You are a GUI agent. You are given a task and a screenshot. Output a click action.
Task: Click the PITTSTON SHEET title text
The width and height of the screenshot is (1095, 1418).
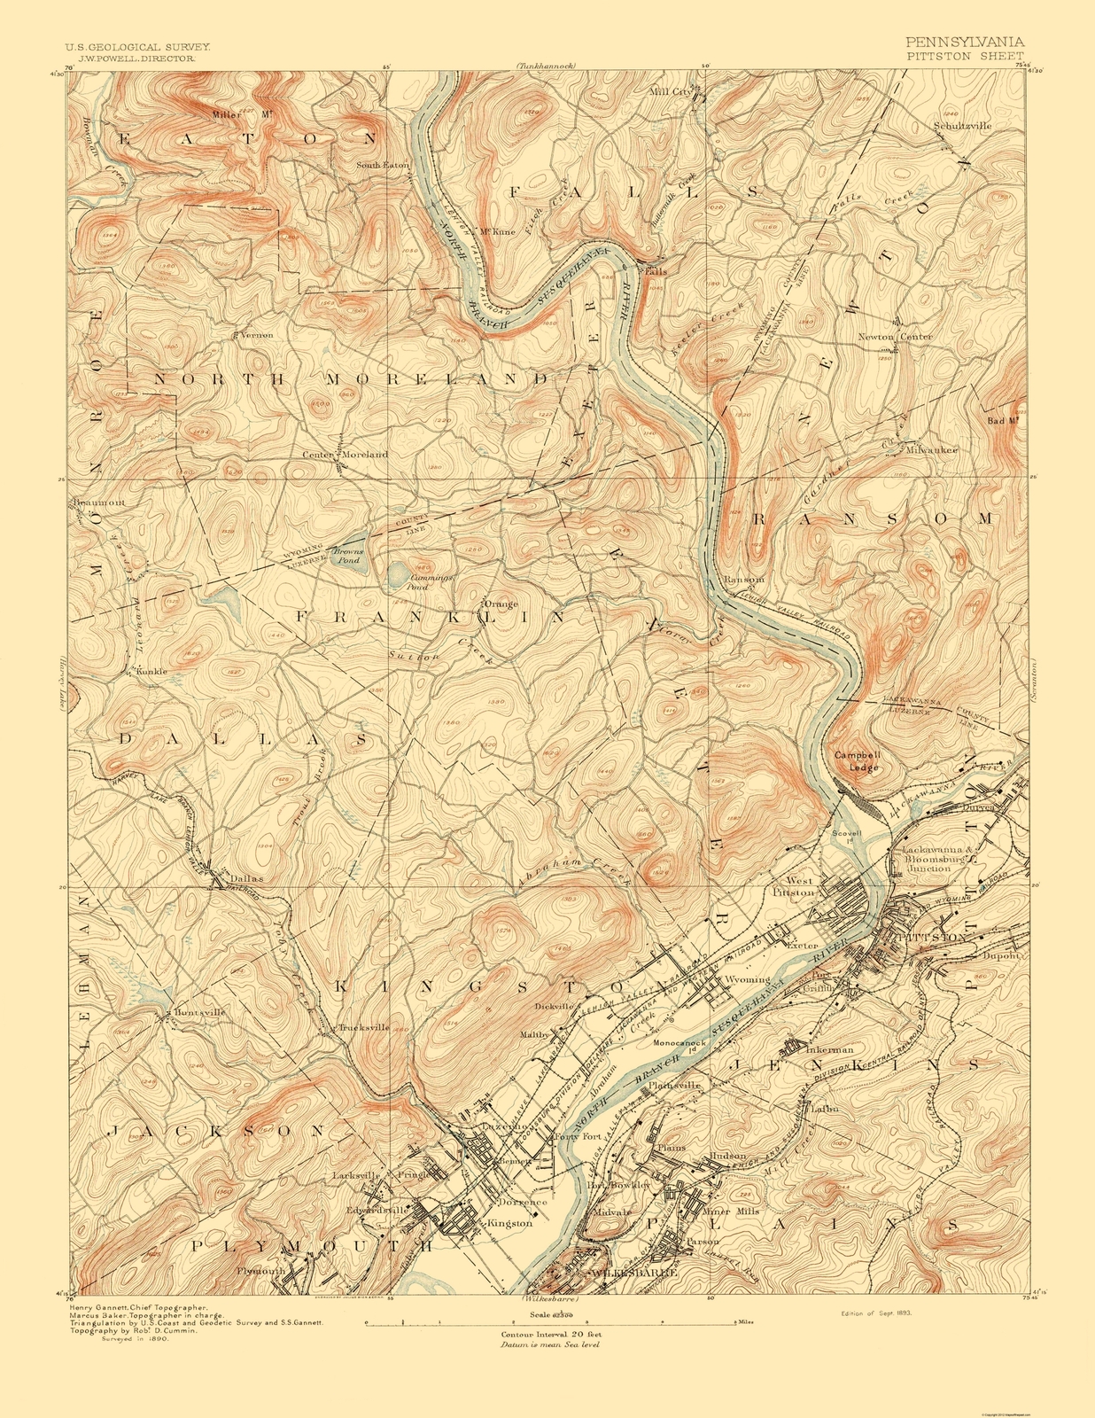click(965, 55)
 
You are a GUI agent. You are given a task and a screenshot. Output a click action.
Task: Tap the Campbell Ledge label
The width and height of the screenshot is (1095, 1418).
click(856, 761)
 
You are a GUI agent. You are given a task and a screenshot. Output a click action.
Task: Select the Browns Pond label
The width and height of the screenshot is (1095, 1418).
click(348, 557)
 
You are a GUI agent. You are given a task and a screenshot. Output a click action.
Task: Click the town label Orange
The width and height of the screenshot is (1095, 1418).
click(500, 604)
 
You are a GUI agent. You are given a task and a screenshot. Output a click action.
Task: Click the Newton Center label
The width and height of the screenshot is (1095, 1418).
click(895, 337)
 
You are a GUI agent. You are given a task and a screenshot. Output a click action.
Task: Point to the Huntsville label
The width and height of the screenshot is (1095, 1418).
click(200, 1012)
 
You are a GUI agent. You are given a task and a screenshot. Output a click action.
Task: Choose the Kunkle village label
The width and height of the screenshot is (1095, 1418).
click(151, 671)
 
